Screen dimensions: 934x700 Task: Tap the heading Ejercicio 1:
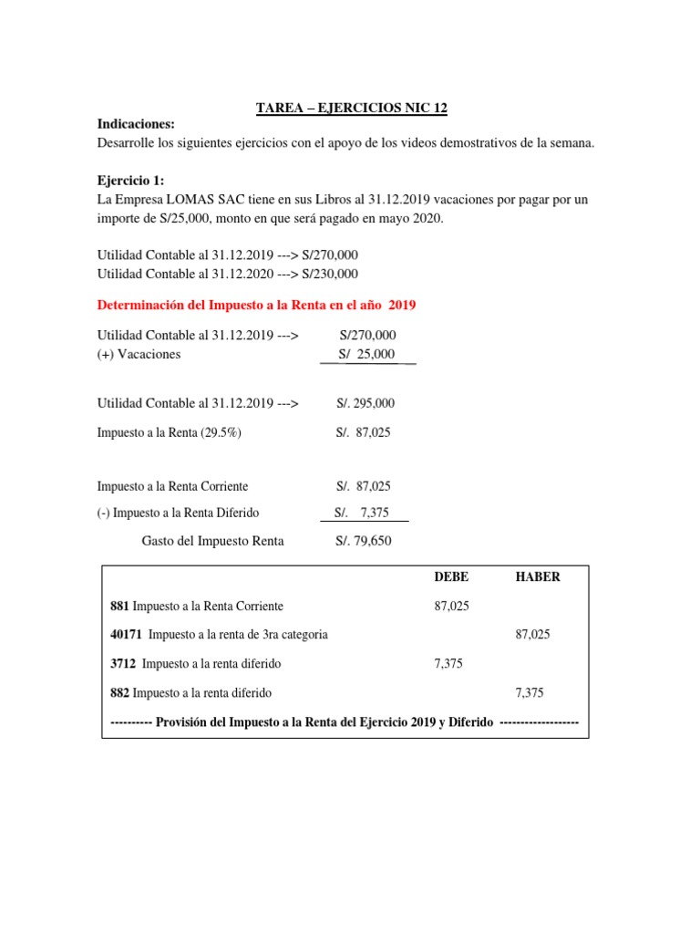130,181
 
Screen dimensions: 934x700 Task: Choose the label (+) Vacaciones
139,354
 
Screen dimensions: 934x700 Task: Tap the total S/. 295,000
365,403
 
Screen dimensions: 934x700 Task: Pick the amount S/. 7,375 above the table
363,514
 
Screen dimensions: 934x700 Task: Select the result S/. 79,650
364,541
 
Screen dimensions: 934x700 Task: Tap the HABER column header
538,577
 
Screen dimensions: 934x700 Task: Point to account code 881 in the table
119,607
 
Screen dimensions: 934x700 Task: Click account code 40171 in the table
126,634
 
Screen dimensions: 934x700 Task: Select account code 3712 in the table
123,664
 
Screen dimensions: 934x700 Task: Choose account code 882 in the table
119,693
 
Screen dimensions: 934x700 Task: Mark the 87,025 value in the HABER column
533,634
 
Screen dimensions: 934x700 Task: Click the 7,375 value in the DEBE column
449,664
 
